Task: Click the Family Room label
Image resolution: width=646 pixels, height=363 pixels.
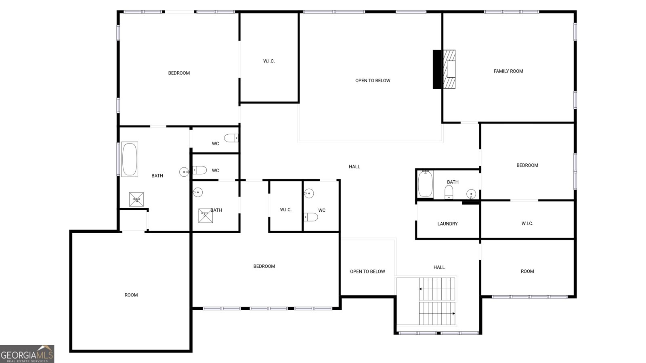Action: point(508,71)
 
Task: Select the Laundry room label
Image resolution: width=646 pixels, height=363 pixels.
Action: point(447,224)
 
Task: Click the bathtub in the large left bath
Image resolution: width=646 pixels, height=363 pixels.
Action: point(130,159)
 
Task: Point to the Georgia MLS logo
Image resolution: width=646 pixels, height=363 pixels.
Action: point(27,354)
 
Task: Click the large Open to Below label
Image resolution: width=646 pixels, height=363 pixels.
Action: point(373,81)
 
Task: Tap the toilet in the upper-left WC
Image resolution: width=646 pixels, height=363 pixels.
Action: point(231,138)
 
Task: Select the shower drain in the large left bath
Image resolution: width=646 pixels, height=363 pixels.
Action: point(136,200)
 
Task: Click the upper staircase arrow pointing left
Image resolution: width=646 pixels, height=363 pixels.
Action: point(421,289)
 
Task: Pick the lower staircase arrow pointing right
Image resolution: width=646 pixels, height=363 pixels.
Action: point(453,313)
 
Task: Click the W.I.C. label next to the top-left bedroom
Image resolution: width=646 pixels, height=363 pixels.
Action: point(269,61)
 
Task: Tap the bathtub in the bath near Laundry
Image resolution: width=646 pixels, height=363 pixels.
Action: point(425,184)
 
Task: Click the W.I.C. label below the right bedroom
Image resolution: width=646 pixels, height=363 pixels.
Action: point(527,223)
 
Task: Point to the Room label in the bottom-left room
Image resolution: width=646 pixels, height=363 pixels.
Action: point(131,295)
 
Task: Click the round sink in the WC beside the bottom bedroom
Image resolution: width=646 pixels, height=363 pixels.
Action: point(309,194)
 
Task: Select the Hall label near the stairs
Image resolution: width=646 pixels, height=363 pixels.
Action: point(439,267)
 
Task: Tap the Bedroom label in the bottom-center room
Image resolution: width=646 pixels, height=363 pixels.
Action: point(264,267)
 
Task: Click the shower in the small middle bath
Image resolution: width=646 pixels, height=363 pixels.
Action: point(205,215)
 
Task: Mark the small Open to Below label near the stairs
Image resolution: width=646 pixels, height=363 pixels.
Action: point(367,272)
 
